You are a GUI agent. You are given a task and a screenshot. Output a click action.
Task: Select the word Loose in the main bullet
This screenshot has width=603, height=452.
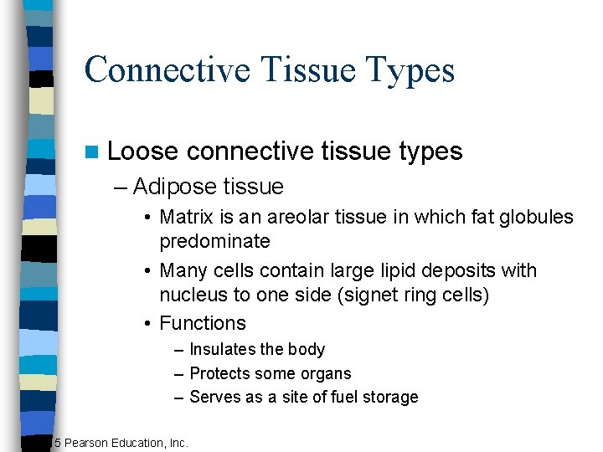[x=142, y=151]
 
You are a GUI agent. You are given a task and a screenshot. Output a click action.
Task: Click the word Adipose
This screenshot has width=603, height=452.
[x=174, y=186]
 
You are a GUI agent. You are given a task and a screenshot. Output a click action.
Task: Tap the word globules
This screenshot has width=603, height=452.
[x=536, y=218]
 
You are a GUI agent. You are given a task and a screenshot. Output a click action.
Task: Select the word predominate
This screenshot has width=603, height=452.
[x=214, y=241]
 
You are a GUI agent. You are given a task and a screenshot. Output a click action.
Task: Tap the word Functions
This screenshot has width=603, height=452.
[x=203, y=323]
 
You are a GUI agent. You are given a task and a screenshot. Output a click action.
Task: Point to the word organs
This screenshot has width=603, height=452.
[x=328, y=373]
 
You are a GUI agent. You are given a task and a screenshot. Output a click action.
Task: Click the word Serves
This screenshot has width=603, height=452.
[x=214, y=397]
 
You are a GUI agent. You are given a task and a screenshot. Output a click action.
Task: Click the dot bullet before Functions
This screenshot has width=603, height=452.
[x=147, y=324]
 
